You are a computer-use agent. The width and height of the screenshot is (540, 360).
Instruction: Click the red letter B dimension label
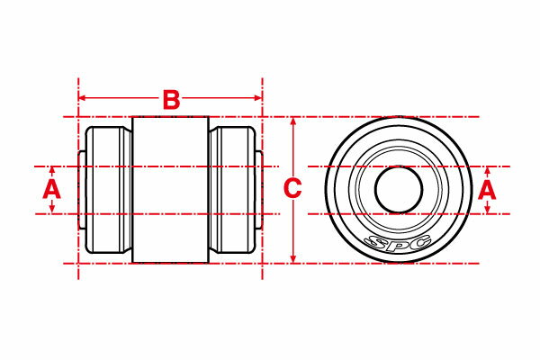171,100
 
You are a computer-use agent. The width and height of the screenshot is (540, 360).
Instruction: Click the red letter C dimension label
292,189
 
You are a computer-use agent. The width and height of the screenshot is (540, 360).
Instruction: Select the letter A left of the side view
51,189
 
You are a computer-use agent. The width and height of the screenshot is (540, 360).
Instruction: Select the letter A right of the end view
487,191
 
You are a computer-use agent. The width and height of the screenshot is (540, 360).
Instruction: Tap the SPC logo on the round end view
398,242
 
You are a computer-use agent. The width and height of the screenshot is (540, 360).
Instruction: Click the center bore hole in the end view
399,190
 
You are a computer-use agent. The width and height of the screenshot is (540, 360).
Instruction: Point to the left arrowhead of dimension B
82,98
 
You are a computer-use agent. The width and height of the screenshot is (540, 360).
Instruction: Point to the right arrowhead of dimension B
258,98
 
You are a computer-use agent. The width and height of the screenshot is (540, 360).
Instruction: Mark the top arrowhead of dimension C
293,121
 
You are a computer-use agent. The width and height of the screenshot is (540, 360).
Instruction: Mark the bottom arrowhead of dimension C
293,259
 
